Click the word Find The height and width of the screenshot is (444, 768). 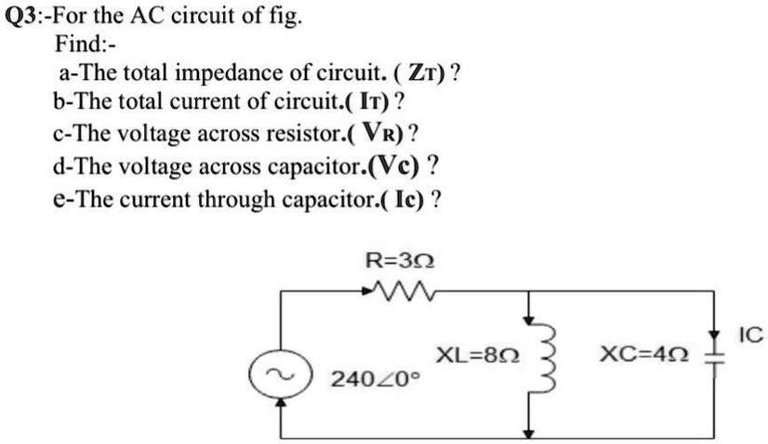[x=80, y=44]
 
